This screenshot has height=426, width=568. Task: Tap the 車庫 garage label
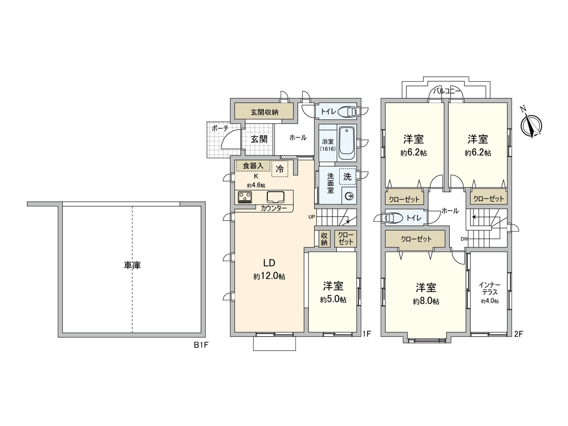coord(132,265)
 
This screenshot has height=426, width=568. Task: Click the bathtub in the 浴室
coord(347,143)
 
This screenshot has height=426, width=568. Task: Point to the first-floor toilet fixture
coord(347,112)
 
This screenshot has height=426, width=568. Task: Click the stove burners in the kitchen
coord(245,197)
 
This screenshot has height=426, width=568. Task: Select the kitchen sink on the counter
coord(275,197)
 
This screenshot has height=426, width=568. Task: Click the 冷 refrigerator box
coord(280,169)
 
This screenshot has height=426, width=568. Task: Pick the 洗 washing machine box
coord(347,176)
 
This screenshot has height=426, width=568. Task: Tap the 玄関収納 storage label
coord(264,112)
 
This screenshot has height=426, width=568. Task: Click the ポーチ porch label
coord(220,128)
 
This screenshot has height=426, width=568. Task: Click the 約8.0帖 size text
coord(426,301)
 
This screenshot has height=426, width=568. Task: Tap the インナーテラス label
coord(490,289)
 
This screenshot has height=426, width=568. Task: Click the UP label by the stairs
coord(311,217)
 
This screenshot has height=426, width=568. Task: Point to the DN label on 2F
coord(464,239)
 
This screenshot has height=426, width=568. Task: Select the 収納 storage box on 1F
coord(324,239)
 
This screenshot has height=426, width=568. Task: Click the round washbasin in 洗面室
coord(349,196)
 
